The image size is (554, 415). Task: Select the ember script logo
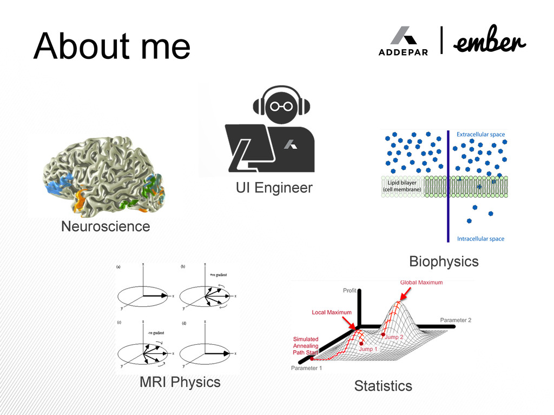490,42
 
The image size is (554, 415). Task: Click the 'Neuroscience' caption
105,226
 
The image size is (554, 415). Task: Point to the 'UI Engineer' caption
274,188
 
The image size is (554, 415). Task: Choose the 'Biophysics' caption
444,262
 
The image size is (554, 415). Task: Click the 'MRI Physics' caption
180,382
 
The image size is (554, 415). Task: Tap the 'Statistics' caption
383,386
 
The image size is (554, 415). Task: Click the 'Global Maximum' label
421,282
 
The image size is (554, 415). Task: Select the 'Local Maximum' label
332,312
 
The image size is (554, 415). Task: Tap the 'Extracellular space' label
480,135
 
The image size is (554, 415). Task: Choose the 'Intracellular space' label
480,239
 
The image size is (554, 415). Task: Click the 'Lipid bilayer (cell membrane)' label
402,186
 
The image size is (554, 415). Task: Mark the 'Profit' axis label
350,291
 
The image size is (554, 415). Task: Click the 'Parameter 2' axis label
456,320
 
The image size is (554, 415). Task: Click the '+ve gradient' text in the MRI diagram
218,275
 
